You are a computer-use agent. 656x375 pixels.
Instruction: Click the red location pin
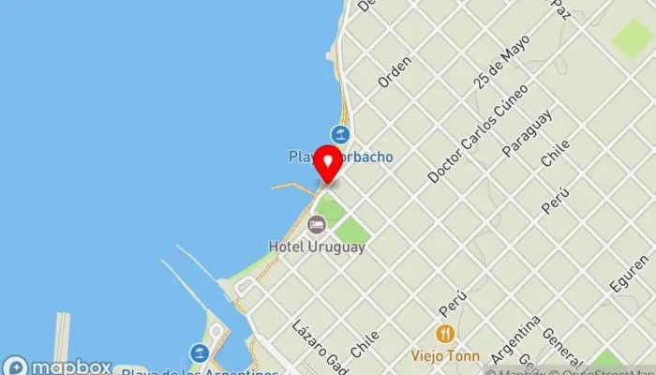[328, 164]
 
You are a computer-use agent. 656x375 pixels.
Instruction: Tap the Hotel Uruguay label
[317, 247]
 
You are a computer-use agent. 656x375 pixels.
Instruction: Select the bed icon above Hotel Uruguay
[317, 224]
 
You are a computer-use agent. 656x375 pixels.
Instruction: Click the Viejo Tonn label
[444, 356]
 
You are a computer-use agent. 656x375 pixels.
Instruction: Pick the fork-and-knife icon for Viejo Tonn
[444, 334]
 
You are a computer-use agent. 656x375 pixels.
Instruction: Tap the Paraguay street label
[528, 133]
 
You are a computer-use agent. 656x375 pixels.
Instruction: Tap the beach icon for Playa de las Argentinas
[200, 352]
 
